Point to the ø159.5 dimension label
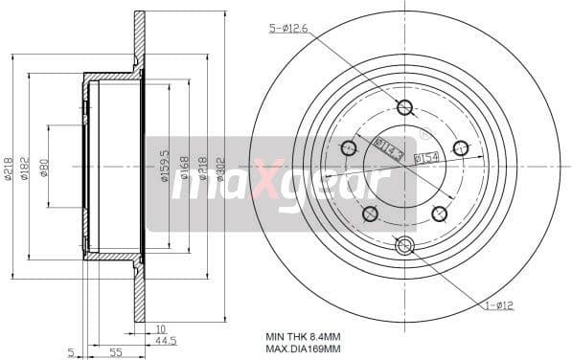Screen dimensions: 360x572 166,165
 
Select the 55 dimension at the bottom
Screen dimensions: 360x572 115,353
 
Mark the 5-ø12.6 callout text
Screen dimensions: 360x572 288,30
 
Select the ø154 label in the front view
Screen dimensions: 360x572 426,157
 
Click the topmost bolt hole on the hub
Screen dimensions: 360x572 404,107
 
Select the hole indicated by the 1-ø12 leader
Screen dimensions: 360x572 404,246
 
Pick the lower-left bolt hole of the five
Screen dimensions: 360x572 370,214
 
